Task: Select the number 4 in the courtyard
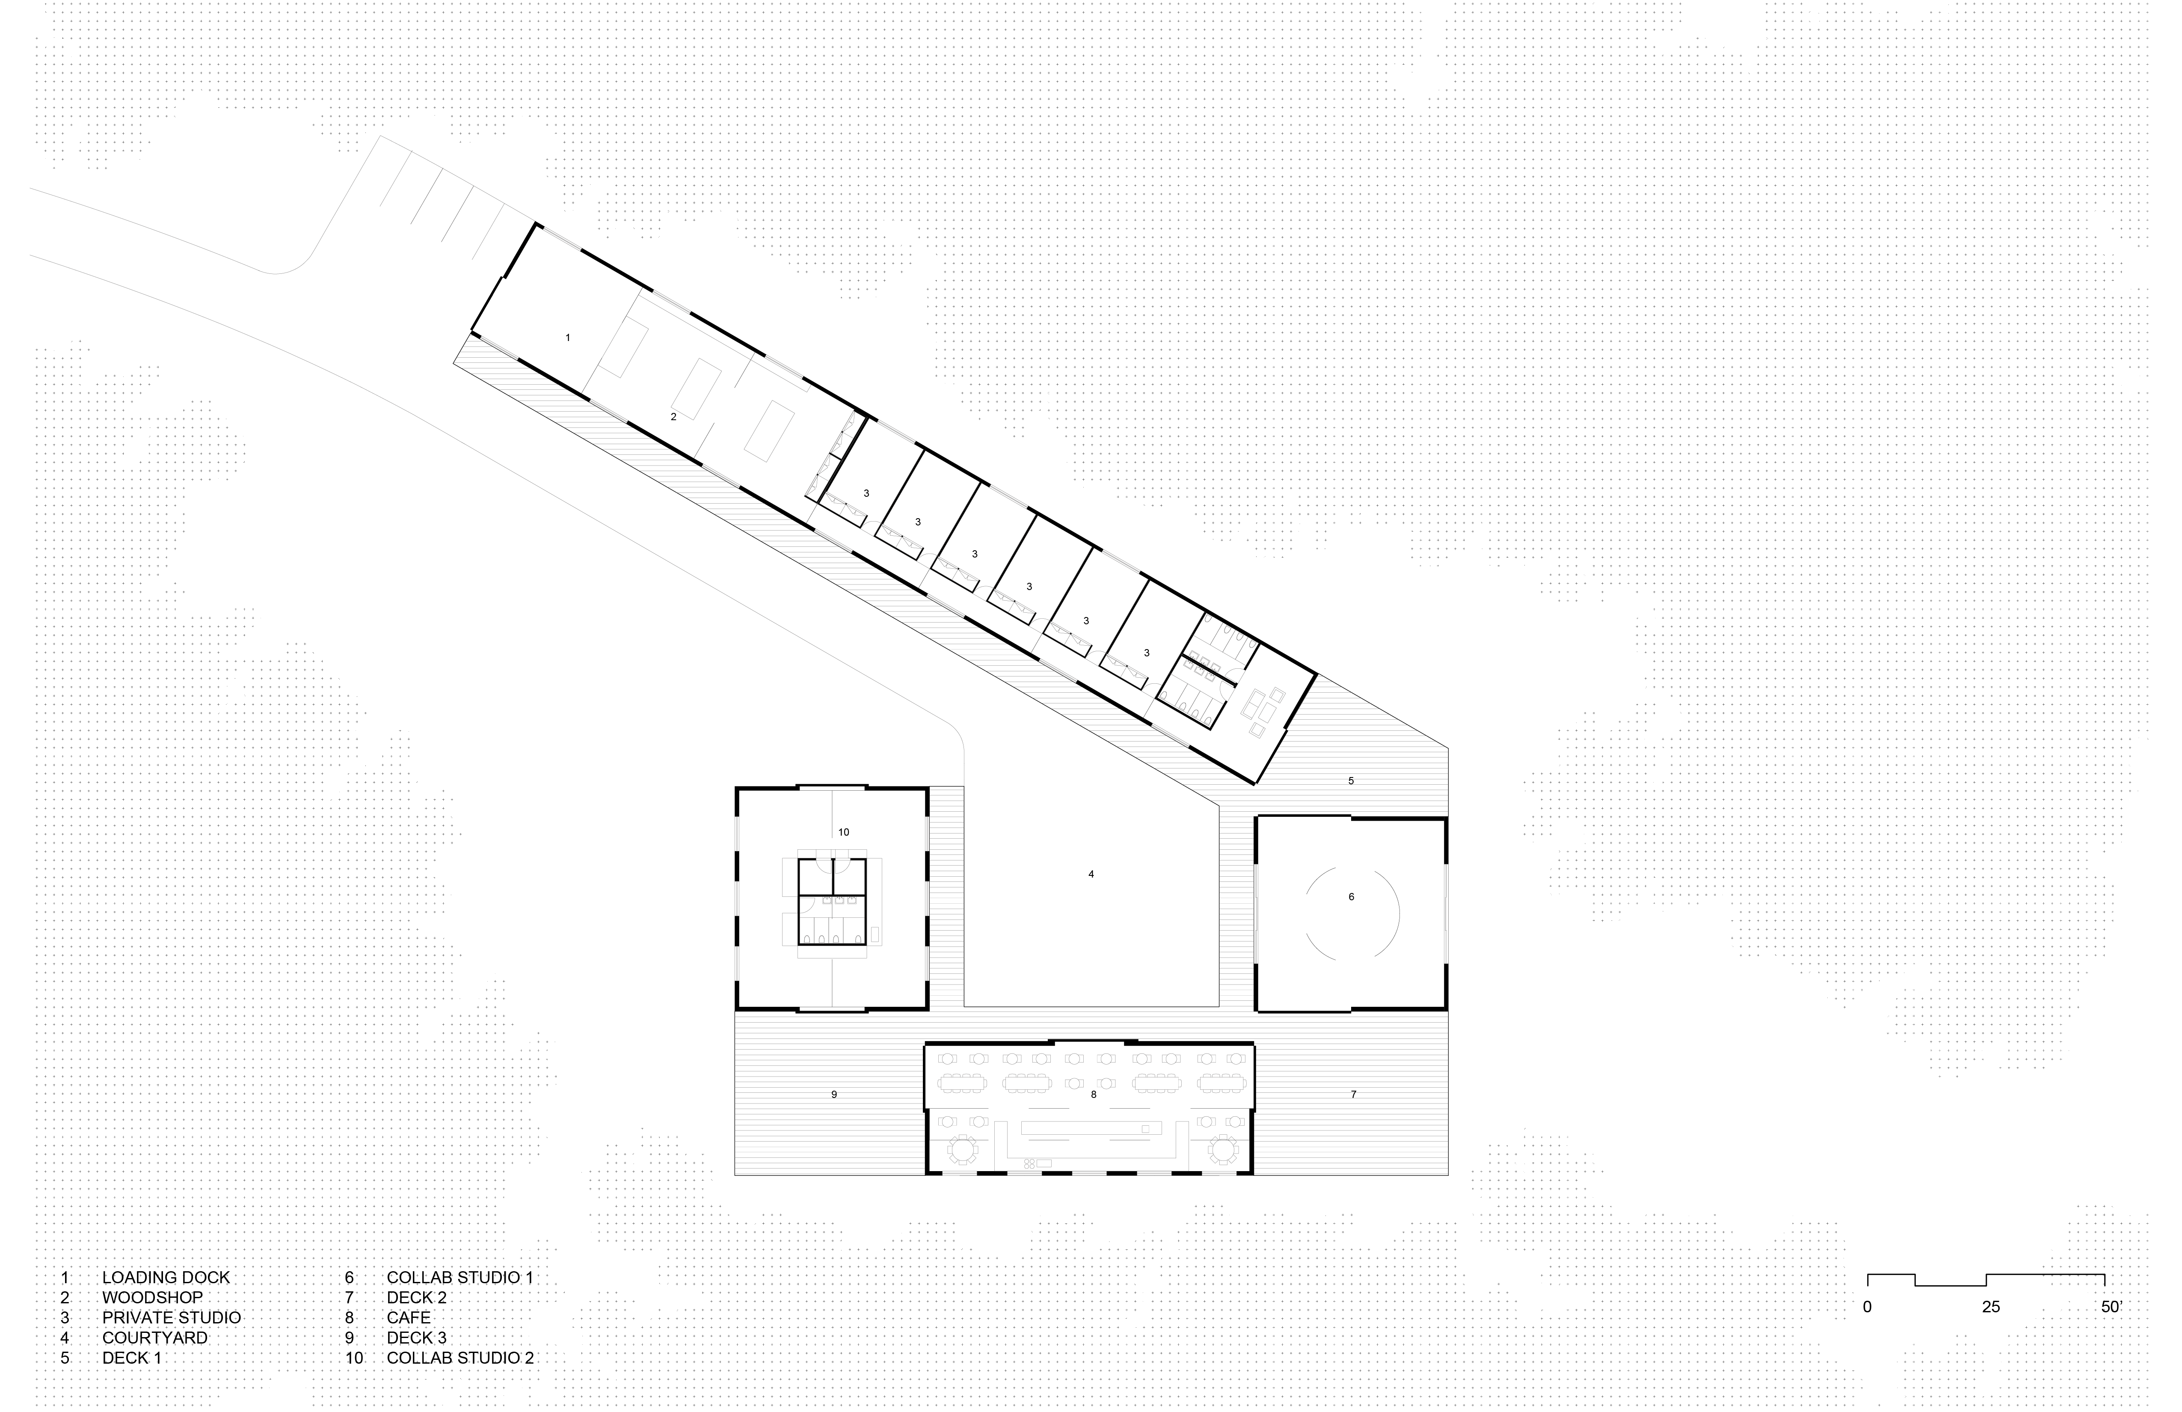tap(1091, 874)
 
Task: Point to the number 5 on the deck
tap(1350, 781)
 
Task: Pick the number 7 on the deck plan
tap(1353, 1094)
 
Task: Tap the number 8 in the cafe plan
tap(1093, 1094)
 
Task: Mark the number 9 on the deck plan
tap(833, 1094)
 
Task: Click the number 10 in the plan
tap(843, 833)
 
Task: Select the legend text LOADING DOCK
tap(166, 1277)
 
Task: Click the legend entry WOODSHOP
tap(152, 1297)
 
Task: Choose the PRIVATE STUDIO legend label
tap(172, 1317)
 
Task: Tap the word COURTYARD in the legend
tap(155, 1338)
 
